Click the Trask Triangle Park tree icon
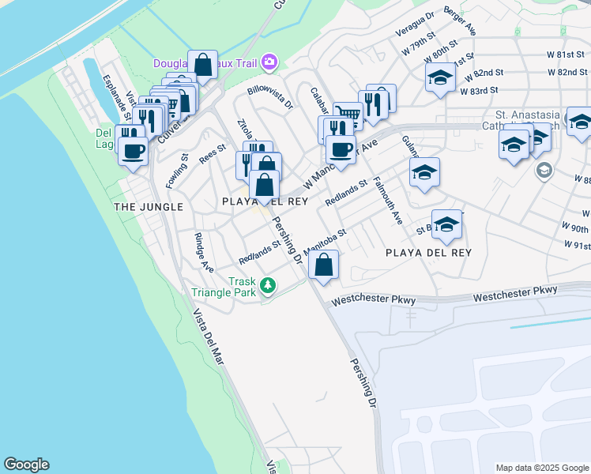pyautogui.click(x=268, y=284)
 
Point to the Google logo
pyautogui.click(x=26, y=465)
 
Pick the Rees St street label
pyautogui.click(x=213, y=153)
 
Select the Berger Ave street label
pyautogui.click(x=460, y=21)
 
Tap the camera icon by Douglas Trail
pyautogui.click(x=269, y=61)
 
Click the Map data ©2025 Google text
pyautogui.click(x=541, y=468)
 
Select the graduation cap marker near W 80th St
pyautogui.click(x=441, y=77)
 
